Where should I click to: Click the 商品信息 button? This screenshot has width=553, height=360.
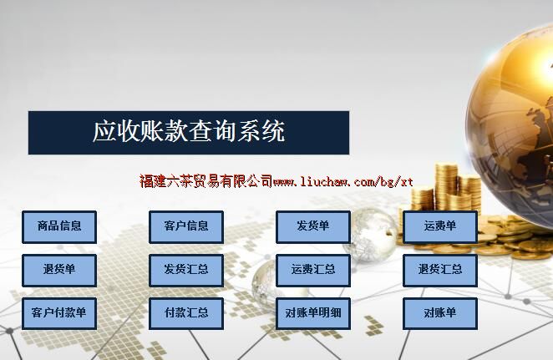pyautogui.click(x=59, y=227)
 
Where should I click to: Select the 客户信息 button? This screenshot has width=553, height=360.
pyautogui.click(x=186, y=227)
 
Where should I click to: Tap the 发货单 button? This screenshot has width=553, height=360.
pyautogui.click(x=313, y=227)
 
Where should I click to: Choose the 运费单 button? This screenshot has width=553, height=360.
pyautogui.click(x=440, y=227)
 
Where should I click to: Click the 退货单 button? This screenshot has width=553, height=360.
pyautogui.click(x=59, y=271)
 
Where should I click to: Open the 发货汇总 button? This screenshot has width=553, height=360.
pyautogui.click(x=186, y=271)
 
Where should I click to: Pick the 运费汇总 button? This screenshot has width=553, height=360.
pyautogui.click(x=313, y=271)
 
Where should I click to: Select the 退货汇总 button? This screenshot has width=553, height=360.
pyautogui.click(x=440, y=271)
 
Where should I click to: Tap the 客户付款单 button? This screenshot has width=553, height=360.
pyautogui.click(x=59, y=314)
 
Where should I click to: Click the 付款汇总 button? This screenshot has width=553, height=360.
pyautogui.click(x=186, y=314)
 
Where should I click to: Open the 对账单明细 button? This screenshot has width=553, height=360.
pyautogui.click(x=313, y=314)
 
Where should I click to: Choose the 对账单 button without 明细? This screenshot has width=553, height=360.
pyautogui.click(x=440, y=314)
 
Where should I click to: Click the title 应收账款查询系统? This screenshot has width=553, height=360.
pyautogui.click(x=189, y=131)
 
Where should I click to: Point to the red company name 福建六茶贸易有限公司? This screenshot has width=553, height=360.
pyautogui.click(x=206, y=181)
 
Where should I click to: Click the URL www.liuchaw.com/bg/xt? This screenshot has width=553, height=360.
pyautogui.click(x=342, y=182)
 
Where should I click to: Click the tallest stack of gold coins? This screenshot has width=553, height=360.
pyautogui.click(x=446, y=187)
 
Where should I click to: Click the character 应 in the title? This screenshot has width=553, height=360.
pyautogui.click(x=104, y=131)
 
